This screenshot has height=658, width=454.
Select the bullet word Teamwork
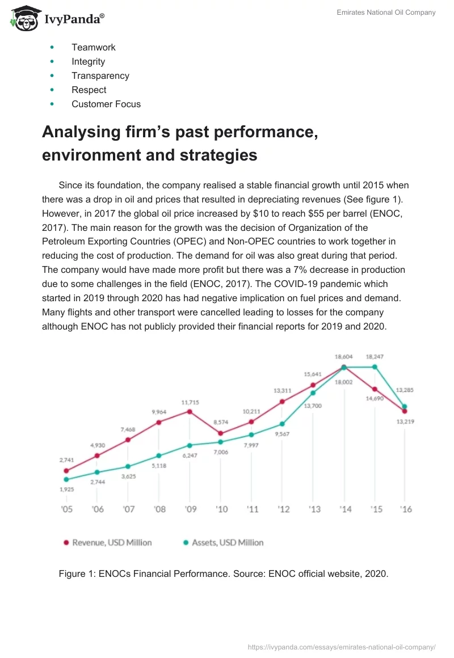coord(93,48)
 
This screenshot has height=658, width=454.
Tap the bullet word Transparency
coord(100,76)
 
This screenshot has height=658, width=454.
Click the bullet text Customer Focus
coord(106,104)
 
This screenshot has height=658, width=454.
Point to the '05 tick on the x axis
coord(66,509)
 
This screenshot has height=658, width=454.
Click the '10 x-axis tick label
coord(221,509)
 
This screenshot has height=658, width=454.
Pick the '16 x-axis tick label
coord(405,509)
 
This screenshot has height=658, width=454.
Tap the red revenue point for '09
coord(190,411)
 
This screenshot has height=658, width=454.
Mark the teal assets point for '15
coord(374,367)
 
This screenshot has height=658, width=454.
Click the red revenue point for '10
coord(221,433)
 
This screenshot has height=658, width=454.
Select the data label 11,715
coord(190,402)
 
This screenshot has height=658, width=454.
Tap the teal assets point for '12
coord(282,424)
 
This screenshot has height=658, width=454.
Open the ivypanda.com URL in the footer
coord(342,647)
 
